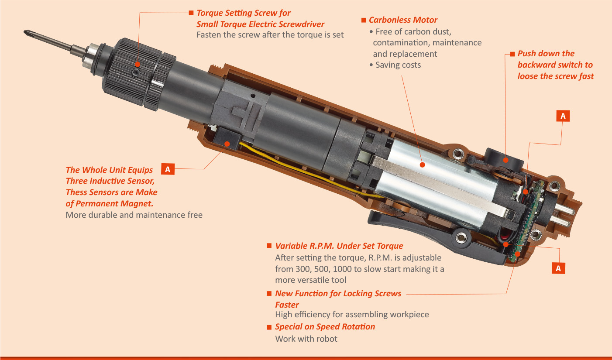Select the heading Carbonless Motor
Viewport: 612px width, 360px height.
tap(402, 20)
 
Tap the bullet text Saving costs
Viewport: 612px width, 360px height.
tap(398, 65)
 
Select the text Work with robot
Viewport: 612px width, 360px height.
tap(306, 339)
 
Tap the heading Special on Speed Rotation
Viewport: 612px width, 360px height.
tap(325, 327)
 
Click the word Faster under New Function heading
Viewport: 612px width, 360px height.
tap(287, 305)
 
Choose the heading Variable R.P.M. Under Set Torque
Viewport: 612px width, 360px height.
tap(339, 246)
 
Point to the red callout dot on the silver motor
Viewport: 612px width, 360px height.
tap(422, 165)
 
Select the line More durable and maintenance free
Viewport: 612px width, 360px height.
tap(134, 215)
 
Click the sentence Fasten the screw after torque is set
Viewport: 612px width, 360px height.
tap(270, 35)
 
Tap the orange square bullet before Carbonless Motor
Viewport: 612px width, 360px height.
tap(364, 21)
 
